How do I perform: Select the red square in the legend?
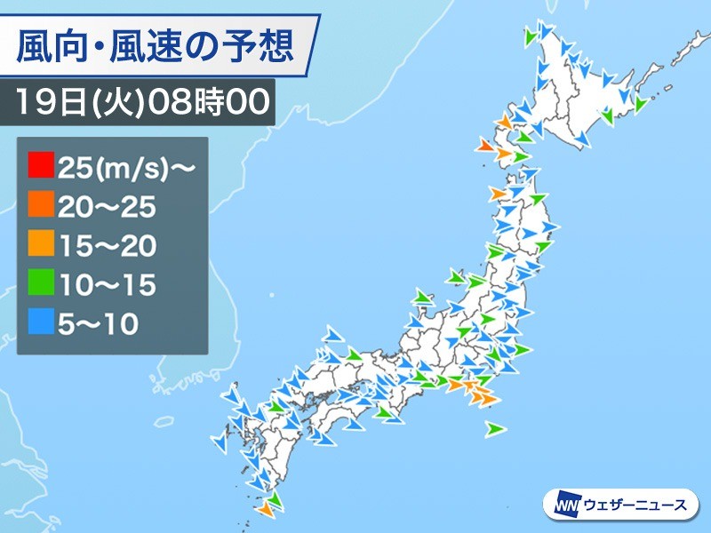click(40, 166)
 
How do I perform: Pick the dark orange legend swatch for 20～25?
click(40, 206)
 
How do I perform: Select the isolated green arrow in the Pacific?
click(495, 429)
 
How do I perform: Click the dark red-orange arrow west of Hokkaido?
click(485, 145)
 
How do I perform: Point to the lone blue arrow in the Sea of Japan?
click(334, 333)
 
